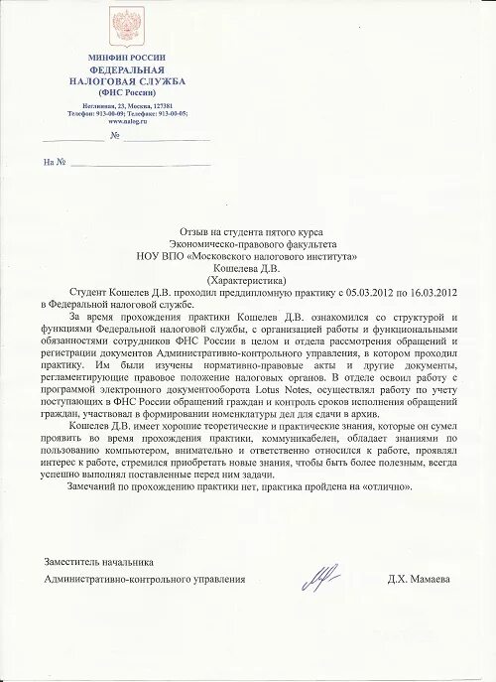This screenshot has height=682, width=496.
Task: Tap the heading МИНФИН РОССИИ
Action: [127, 61]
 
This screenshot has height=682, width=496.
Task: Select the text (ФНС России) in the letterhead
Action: [127, 90]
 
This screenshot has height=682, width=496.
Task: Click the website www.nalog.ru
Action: [127, 120]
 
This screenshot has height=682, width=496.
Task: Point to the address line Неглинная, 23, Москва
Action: [127, 105]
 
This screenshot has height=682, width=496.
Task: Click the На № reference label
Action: [55, 162]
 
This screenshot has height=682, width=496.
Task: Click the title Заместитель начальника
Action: [98, 562]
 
